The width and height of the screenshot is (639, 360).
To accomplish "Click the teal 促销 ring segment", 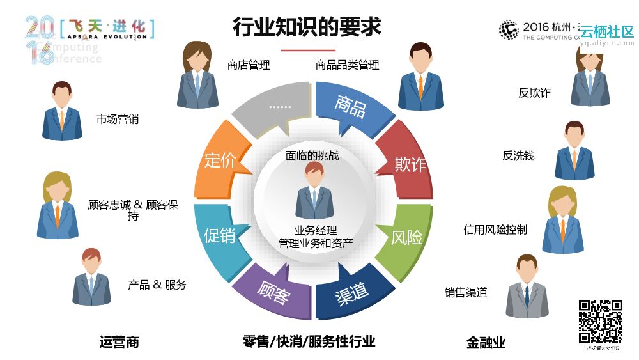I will click(220, 235).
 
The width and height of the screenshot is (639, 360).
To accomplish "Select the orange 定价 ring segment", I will click(220, 160).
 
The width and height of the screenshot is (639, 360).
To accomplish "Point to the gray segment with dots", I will click(275, 110).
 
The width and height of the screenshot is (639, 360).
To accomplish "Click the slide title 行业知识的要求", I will click(307, 27).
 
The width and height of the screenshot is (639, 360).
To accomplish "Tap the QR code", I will click(600, 321).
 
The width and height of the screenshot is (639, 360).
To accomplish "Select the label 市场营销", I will click(117, 119).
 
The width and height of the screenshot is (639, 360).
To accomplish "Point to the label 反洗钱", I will click(518, 155).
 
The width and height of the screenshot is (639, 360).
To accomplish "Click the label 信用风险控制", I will click(495, 230).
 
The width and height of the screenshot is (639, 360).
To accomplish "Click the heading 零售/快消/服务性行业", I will click(309, 341).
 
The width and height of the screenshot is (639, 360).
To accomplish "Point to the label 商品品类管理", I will click(347, 65).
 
